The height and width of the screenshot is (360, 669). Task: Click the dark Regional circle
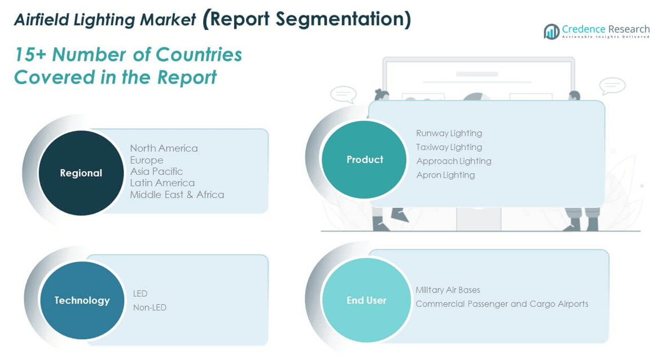click(x=81, y=173)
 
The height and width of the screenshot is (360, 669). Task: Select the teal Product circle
click(x=364, y=159)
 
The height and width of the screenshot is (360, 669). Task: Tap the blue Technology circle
click(x=82, y=300)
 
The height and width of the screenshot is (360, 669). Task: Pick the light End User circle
click(x=367, y=300)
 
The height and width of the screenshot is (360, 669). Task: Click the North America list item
click(x=164, y=148)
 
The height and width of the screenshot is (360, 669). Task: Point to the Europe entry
click(x=147, y=160)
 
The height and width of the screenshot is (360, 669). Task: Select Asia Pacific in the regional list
click(x=157, y=171)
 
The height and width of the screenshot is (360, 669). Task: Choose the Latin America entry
click(x=162, y=183)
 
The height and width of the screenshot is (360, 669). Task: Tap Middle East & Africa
click(x=177, y=195)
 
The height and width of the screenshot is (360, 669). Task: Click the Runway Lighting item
click(x=449, y=133)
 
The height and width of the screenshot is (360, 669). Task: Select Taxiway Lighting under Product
click(x=449, y=147)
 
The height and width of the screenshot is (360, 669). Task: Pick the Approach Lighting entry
click(x=454, y=161)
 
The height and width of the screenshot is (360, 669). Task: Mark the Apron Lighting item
click(x=446, y=175)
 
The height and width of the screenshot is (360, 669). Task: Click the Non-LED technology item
click(x=149, y=308)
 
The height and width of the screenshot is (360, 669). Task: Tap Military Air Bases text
click(x=448, y=290)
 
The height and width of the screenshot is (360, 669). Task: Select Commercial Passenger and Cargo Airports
click(x=502, y=304)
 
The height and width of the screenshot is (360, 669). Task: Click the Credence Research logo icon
click(x=551, y=32)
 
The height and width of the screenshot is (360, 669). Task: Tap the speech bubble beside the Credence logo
click(x=612, y=86)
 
